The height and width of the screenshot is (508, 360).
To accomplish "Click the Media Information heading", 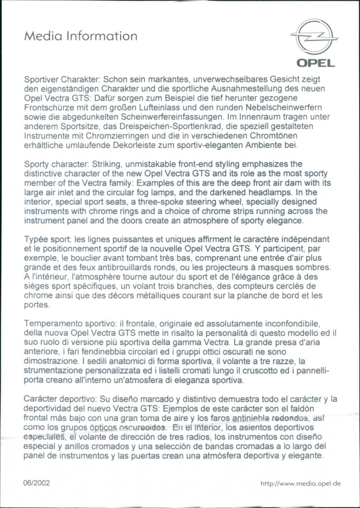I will click(81, 36).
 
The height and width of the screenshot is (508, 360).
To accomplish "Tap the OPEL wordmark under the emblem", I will click(315, 63).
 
